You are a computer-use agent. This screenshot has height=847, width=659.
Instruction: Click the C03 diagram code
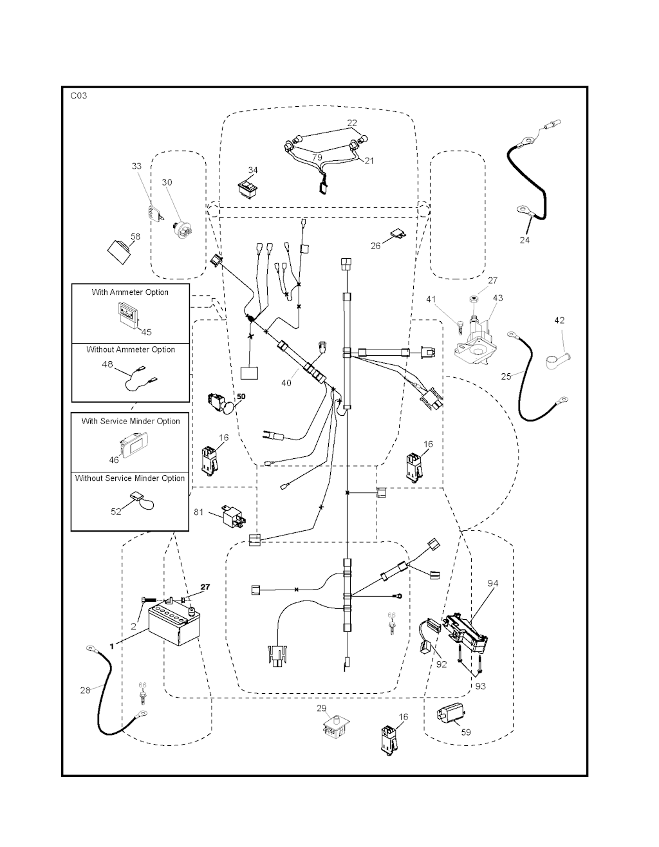tap(79, 96)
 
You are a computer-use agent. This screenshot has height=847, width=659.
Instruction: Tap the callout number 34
tap(253, 171)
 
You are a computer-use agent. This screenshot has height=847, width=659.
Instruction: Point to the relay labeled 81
tap(233, 514)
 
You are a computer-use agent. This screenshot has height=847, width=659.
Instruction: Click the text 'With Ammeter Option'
tap(130, 292)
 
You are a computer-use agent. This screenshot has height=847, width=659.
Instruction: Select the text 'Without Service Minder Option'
tap(130, 478)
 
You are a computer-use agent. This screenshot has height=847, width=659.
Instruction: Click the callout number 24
tap(524, 240)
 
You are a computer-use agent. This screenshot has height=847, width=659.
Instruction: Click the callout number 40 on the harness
tap(286, 382)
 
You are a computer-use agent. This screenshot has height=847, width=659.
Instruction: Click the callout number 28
tap(86, 690)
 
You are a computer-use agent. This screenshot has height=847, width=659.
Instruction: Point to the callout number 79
tap(317, 157)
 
